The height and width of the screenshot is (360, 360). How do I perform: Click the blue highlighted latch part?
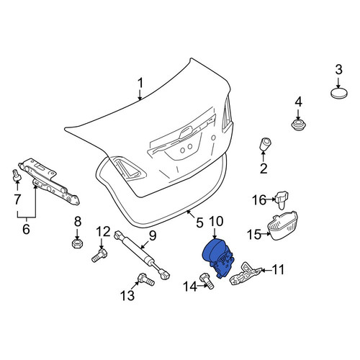click(217, 258)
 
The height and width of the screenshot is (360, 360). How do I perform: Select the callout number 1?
click(140, 83)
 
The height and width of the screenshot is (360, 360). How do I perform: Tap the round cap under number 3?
click(339, 93)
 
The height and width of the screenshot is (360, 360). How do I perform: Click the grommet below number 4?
click(298, 125)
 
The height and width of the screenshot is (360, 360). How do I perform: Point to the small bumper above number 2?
click(265, 143)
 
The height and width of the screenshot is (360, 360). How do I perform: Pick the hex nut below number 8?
click(77, 244)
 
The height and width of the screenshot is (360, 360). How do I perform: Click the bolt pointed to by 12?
click(99, 256)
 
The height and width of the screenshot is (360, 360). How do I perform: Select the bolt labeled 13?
click(146, 279)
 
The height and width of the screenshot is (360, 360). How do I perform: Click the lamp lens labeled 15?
click(282, 225)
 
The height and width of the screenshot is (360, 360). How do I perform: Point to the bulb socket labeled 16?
click(282, 199)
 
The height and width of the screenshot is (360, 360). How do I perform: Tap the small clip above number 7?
click(17, 175)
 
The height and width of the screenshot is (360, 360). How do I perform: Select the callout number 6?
click(26, 229)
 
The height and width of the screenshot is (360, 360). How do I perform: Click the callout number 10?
click(216, 221)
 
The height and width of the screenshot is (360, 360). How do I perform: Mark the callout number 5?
click(199, 222)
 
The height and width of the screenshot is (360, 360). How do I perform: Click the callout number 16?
click(259, 199)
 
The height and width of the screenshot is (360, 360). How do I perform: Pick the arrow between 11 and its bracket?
click(266, 271)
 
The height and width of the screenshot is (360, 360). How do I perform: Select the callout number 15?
click(254, 234)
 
